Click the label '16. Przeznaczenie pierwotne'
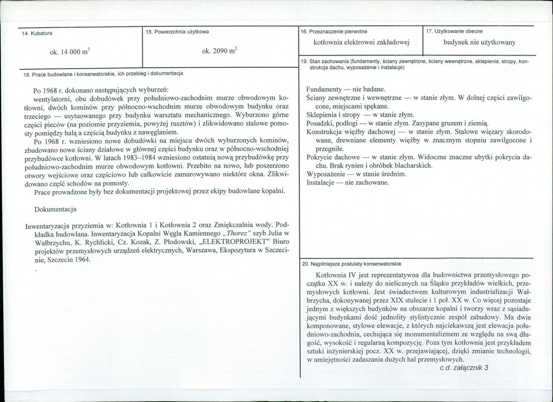coord(333,31)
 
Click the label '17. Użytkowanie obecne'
coord(454,31)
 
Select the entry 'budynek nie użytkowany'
coord(480,43)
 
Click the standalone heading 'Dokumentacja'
coord(55,210)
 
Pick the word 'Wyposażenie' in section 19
coord(326,174)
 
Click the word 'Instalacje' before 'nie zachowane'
coord(321,182)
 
